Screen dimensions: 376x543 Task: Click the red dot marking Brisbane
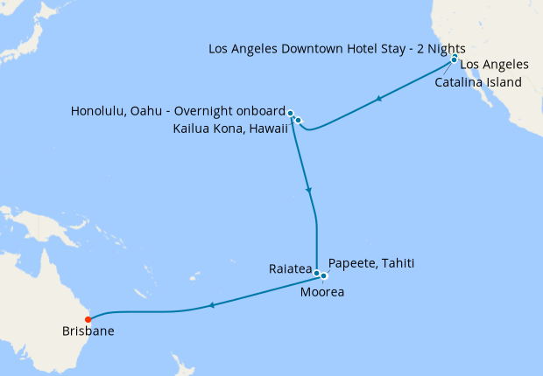88,318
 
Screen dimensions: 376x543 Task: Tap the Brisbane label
88,331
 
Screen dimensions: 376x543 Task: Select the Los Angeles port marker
454,59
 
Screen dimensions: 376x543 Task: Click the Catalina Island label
478,82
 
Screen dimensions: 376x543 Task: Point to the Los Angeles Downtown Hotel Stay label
337,47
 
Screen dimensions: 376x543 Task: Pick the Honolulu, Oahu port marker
290,113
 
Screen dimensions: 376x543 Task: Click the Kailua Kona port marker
299,120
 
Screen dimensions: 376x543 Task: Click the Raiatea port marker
316,274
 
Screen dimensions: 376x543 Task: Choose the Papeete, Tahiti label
370,263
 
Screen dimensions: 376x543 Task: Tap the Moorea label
322,292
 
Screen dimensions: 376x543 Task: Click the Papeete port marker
324,276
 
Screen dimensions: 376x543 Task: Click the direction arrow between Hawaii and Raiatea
308,190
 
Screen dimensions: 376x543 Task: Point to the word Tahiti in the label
396,263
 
